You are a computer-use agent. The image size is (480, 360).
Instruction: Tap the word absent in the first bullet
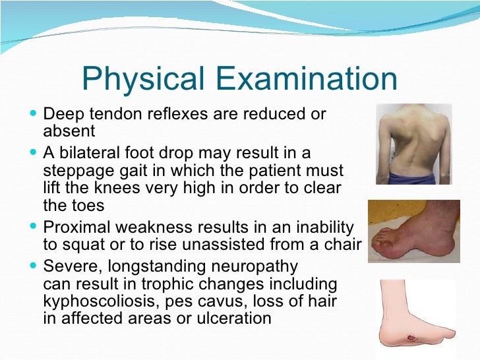click(x=69, y=131)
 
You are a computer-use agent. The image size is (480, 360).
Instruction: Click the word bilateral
click(x=98, y=153)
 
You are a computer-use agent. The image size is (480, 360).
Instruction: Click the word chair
click(x=342, y=245)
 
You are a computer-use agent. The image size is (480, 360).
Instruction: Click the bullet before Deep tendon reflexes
click(x=34, y=113)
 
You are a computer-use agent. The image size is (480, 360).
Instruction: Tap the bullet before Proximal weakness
click(x=34, y=227)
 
